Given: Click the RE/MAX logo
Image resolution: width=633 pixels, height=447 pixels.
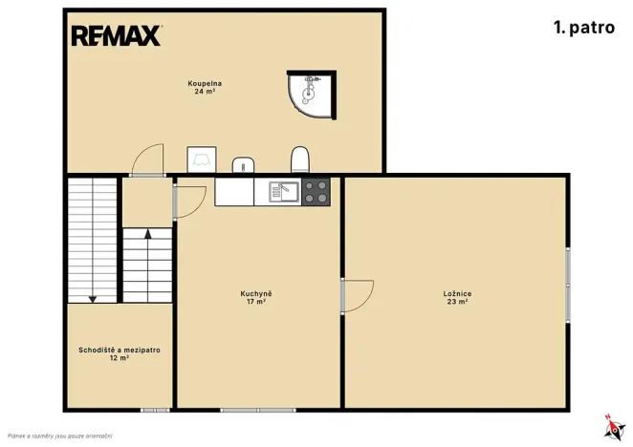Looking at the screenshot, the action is point(117,35).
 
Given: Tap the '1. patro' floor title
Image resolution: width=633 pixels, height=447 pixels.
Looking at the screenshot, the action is point(584,28).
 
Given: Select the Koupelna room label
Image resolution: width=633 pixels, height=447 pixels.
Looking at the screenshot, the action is point(205,83).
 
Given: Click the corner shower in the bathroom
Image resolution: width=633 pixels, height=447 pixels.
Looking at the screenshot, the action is point(312,95).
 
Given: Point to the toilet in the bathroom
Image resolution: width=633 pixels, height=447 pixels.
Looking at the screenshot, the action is point(300,160).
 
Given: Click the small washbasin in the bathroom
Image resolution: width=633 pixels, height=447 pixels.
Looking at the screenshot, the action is point(243,164).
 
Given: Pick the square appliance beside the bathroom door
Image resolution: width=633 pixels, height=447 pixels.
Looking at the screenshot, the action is point(202,160).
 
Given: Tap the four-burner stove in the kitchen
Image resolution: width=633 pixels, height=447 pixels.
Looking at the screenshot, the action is point(316,192).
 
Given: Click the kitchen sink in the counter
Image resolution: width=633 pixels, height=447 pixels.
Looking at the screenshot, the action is point(284,192).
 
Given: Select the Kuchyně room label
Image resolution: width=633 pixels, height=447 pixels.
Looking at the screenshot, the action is point(256,293).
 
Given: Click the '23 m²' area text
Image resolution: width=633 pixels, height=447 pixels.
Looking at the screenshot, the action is point(457,302).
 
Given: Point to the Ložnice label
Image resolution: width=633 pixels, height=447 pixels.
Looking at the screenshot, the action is point(457,293).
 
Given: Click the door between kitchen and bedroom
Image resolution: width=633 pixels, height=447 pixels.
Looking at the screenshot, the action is point(358,296).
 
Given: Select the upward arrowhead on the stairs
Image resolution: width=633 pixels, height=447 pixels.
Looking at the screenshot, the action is point(148,234).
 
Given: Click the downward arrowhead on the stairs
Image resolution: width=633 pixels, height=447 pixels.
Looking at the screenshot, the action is point(93,299).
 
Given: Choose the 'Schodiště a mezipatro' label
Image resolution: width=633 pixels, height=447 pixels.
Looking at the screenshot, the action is point(120,351).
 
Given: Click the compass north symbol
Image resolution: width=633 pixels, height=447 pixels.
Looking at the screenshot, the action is point(614,427).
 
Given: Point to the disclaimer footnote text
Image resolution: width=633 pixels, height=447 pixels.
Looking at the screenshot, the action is point(59,436).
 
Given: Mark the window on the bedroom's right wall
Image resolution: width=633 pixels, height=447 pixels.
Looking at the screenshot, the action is point(568,285).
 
